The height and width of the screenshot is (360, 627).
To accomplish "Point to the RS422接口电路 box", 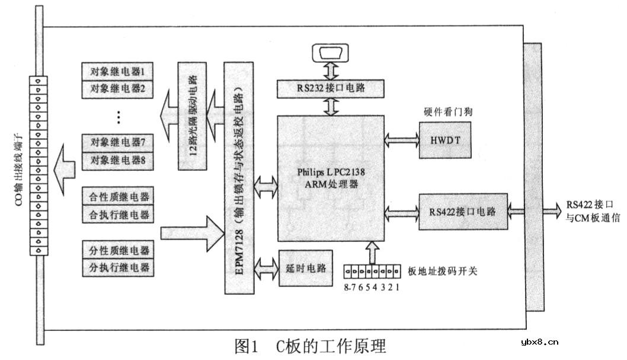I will point(463,211).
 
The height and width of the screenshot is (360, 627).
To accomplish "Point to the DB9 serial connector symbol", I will point(332,53).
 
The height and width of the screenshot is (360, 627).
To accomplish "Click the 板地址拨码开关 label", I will point(443,272).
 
